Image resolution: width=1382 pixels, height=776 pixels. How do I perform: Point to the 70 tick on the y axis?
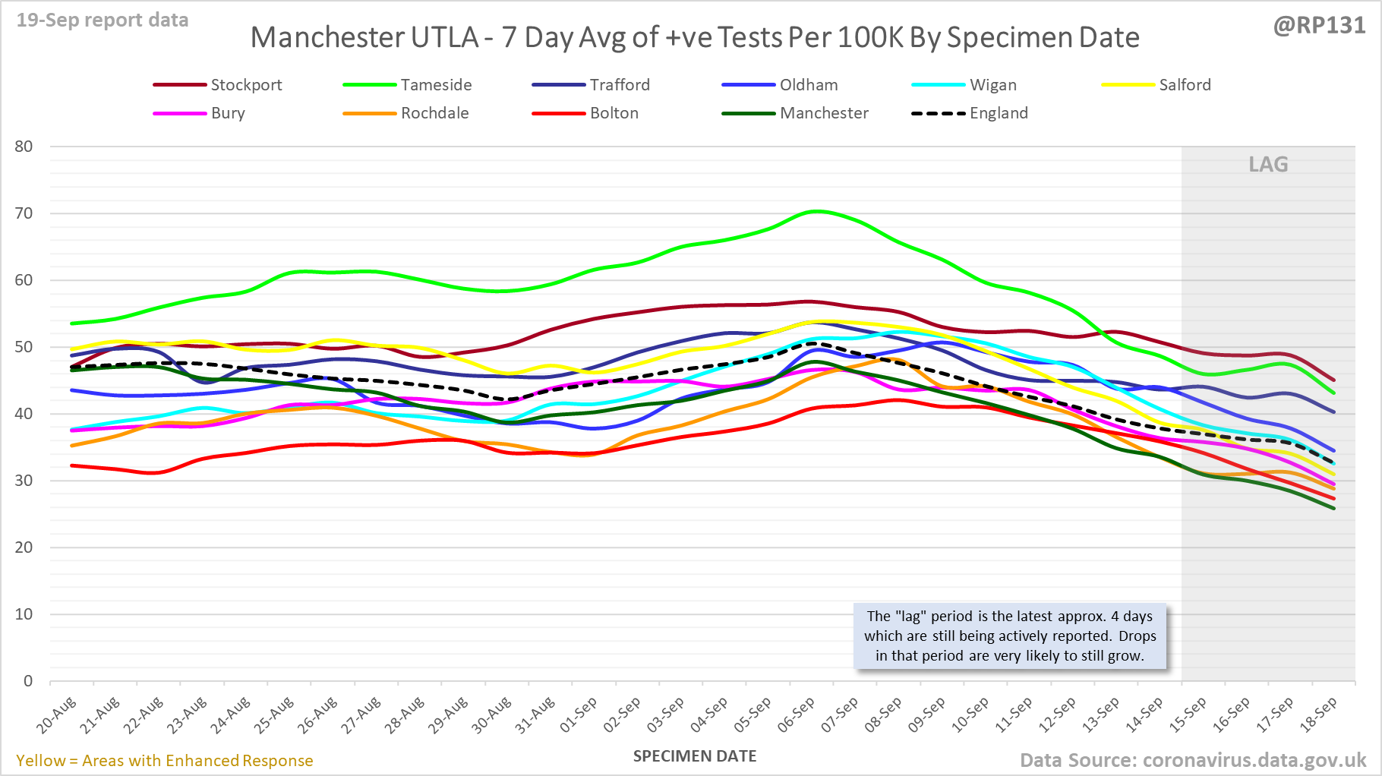coord(24,213)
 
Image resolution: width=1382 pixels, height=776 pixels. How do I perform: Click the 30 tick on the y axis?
coord(24,481)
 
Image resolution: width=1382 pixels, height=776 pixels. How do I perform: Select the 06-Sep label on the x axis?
coord(796,715)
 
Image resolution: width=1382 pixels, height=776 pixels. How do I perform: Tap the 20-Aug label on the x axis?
coord(57,715)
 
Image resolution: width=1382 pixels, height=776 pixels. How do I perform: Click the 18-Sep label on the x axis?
coord(1318,715)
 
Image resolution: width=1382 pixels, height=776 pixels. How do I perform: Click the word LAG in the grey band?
coord(1268,165)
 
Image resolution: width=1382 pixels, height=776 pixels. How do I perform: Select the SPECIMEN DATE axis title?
coord(695,756)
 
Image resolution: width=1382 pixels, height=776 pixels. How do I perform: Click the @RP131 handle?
coord(1319,26)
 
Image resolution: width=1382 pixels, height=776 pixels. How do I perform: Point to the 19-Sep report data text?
coord(103,21)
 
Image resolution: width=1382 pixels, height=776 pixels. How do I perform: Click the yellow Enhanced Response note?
coord(165,761)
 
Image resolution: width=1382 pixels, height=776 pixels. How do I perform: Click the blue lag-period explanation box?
coord(1010,636)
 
